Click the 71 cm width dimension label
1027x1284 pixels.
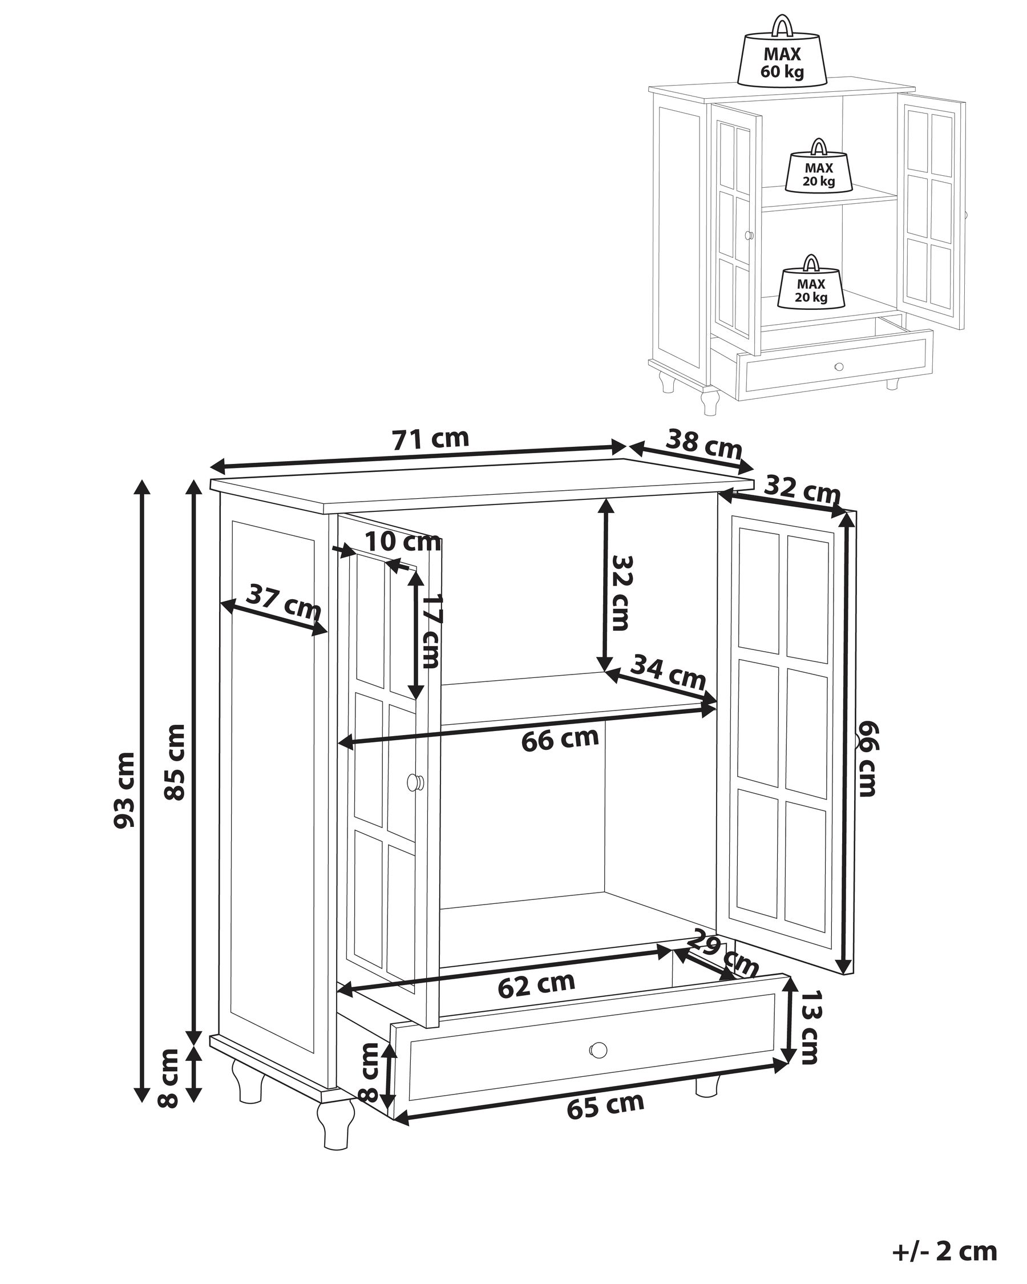coord(430,439)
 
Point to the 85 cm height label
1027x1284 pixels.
coord(175,762)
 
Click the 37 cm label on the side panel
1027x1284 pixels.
coord(284,603)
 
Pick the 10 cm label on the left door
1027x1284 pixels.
coord(403,542)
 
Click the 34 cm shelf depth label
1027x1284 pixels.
coord(668,671)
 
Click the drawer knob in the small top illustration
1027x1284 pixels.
coord(839,366)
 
